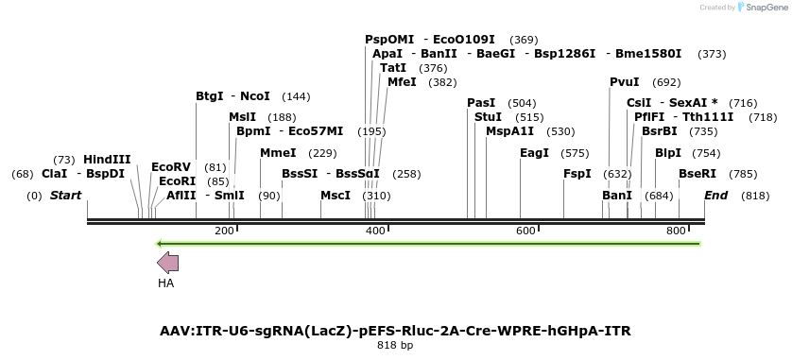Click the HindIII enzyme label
[x=107, y=160]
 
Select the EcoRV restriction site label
[x=171, y=167]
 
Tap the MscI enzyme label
[x=336, y=196]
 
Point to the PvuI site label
[x=625, y=82]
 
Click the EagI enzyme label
[x=534, y=153]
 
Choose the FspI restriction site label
[x=577, y=174]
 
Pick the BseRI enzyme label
[x=697, y=174]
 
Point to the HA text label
[x=166, y=283]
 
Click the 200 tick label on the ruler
[x=225, y=231]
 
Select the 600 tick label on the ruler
[x=526, y=231]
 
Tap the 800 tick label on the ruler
[x=677, y=231]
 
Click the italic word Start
[x=65, y=196]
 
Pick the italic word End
[x=715, y=196]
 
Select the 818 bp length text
[x=395, y=346]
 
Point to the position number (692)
[x=666, y=82]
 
